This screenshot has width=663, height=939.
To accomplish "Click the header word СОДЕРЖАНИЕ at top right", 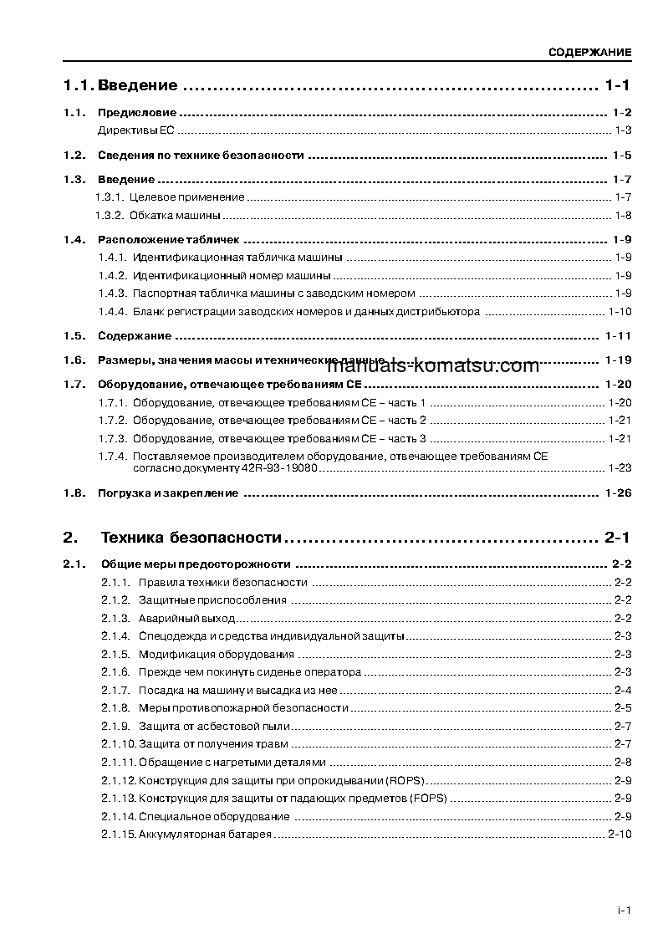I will click(x=589, y=53).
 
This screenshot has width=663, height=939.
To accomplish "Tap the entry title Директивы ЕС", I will click(x=136, y=130).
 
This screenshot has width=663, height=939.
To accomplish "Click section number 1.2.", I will click(x=74, y=156).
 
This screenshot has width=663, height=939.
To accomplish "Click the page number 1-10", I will click(x=620, y=312).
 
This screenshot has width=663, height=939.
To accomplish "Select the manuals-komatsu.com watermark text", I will click(x=433, y=366).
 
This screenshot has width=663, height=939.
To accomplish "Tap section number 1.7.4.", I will click(x=112, y=456).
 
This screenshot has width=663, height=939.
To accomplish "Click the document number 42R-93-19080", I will click(x=280, y=468).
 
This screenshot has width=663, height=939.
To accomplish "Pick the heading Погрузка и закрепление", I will click(x=168, y=493).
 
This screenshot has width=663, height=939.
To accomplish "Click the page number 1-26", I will click(x=618, y=493).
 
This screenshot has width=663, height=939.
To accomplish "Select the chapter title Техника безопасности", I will click(x=191, y=537).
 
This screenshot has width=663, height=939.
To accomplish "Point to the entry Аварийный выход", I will click(x=186, y=619).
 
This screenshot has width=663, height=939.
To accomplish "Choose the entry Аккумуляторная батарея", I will click(x=205, y=835).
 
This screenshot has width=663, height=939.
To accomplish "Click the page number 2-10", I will click(x=620, y=835).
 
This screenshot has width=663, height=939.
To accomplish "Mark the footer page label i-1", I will click(x=623, y=911).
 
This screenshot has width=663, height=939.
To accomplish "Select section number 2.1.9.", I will click(x=115, y=726).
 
